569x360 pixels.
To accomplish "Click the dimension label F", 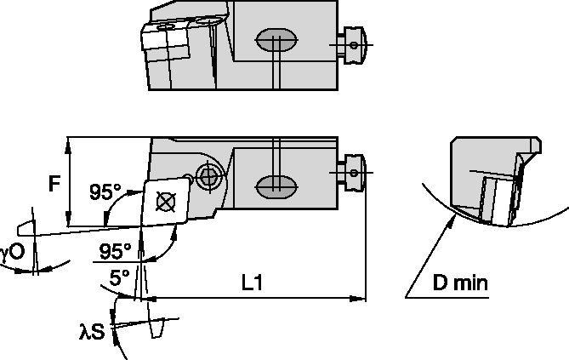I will point(54,183).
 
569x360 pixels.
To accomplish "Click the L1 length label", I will point(251,284).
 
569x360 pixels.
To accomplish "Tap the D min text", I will point(458,283).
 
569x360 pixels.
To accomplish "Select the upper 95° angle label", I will point(105,192).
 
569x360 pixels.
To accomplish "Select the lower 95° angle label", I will point(116,252).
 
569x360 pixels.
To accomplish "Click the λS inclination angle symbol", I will point(94,331).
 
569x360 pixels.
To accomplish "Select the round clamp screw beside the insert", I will point(207,176).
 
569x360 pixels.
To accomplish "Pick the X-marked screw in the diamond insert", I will point(165,200).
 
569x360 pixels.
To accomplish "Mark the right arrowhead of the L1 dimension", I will point(361,298).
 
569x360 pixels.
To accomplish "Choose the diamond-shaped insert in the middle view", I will point(165,202).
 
